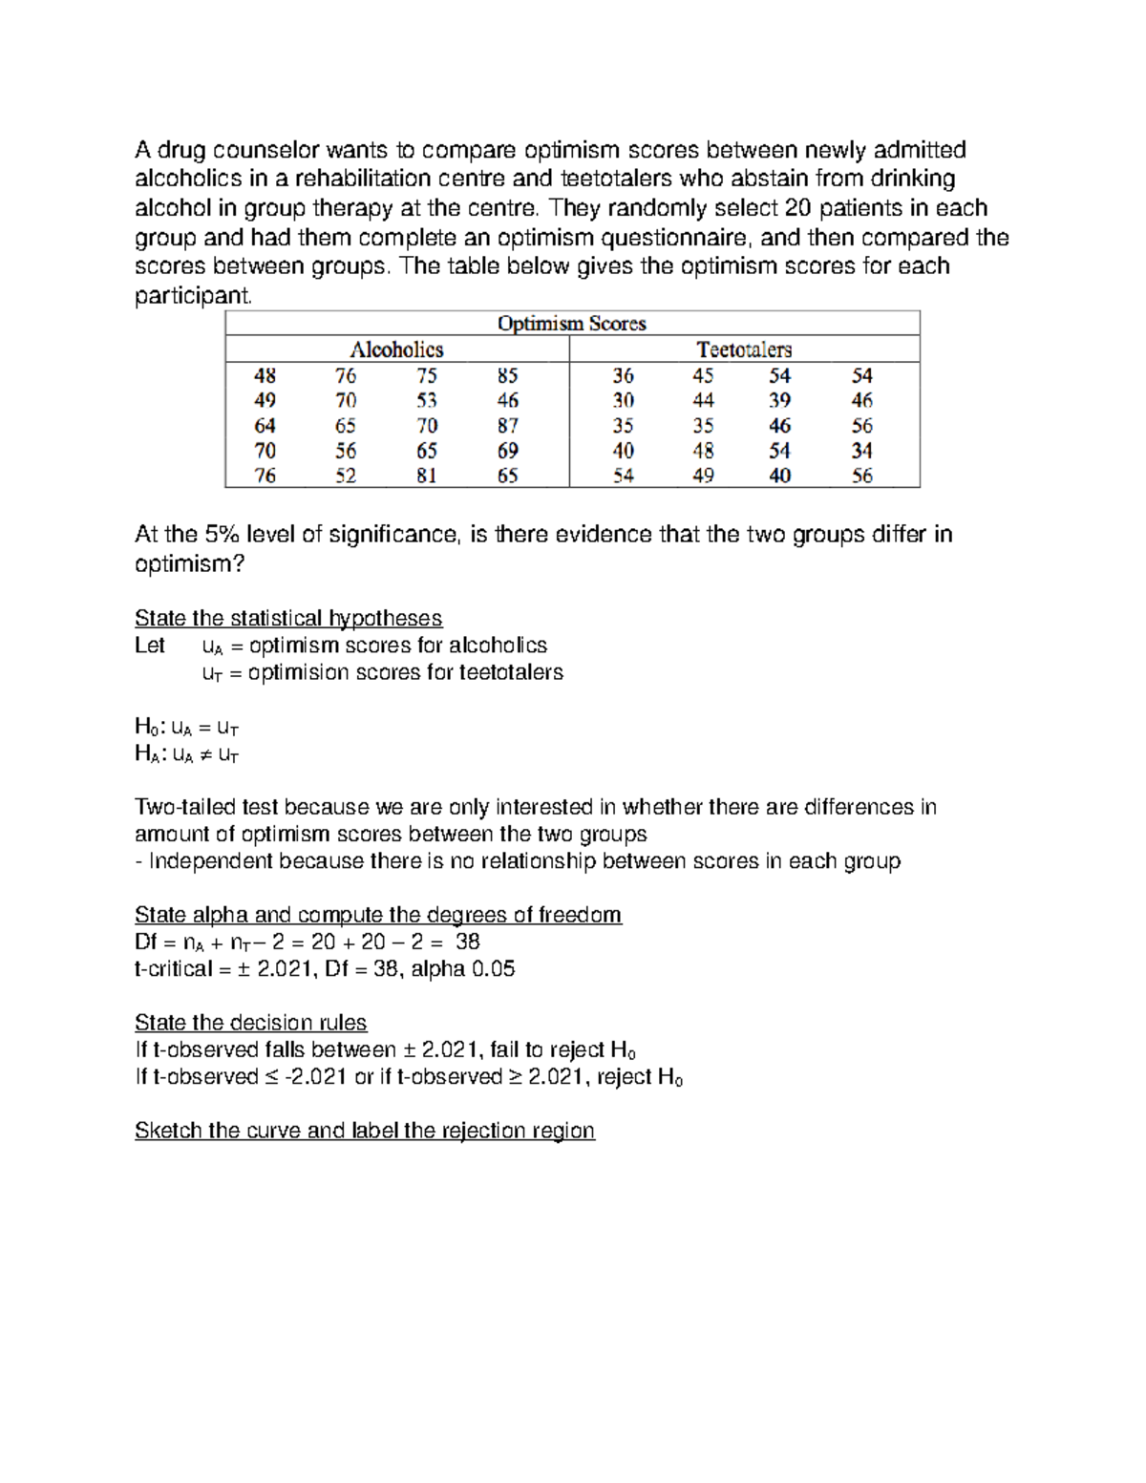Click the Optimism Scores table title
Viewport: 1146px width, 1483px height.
coord(571,324)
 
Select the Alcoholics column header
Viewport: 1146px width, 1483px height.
coord(396,350)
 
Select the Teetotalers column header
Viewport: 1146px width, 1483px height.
coord(744,350)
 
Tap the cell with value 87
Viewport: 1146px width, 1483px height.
coord(508,426)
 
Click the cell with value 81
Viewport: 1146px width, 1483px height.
coord(427,476)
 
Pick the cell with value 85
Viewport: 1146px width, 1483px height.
coord(508,376)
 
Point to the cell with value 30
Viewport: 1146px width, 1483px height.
coord(623,401)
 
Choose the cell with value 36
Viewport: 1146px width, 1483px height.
coord(623,376)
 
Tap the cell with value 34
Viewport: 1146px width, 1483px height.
coord(861,451)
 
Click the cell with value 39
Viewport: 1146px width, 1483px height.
coord(779,401)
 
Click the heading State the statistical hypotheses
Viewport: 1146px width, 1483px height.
coord(288,618)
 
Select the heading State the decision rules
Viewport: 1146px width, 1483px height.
coord(250,1023)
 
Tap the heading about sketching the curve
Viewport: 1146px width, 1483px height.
coord(364,1131)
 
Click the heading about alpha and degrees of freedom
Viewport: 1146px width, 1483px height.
coord(377,915)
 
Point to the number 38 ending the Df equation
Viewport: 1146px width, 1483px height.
coord(467,943)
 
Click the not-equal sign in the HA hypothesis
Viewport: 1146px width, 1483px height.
coord(205,755)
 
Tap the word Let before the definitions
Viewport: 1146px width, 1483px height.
coord(150,646)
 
